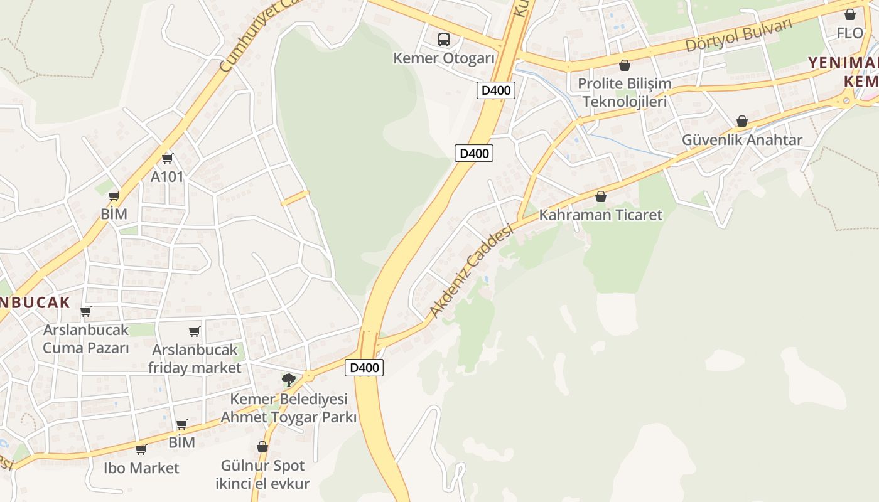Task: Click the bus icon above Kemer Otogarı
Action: click(444, 39)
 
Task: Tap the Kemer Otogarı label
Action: click(444, 58)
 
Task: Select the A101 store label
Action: click(167, 177)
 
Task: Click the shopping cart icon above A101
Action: click(167, 158)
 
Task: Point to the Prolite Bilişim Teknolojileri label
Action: click(624, 92)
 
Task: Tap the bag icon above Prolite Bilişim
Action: click(624, 65)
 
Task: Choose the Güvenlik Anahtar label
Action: click(742, 140)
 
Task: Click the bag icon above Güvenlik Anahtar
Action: click(742, 120)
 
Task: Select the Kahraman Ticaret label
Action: click(601, 215)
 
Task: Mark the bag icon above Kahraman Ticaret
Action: click(601, 196)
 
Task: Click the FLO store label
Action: click(850, 33)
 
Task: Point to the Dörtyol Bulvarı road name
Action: click(738, 36)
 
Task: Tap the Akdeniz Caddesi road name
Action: click(472, 271)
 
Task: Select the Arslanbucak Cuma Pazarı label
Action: click(85, 339)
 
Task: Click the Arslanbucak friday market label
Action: click(195, 358)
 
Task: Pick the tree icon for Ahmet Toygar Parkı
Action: click(288, 379)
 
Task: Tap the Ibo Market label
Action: click(141, 468)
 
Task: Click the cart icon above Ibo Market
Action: click(141, 449)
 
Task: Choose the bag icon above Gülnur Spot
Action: click(262, 447)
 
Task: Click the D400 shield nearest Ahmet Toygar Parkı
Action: click(364, 368)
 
